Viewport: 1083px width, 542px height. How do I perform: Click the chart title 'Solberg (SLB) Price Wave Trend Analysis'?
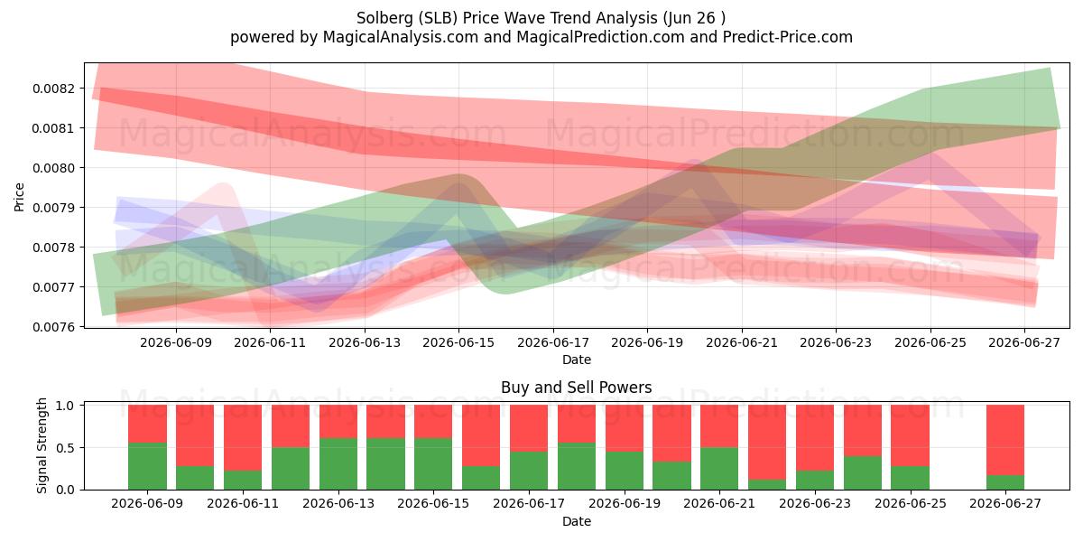[506, 18]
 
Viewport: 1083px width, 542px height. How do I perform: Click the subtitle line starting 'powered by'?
[541, 37]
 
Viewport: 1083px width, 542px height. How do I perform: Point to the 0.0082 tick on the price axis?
[54, 89]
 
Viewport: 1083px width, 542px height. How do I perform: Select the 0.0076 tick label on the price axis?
[54, 327]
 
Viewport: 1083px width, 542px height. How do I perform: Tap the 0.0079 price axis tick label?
[54, 208]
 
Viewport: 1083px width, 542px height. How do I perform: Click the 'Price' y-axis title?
[19, 197]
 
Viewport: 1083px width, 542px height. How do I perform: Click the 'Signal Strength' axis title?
[42, 445]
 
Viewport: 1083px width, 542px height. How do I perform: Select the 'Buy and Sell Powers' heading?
[577, 388]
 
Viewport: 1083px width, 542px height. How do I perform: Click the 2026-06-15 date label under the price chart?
[458, 343]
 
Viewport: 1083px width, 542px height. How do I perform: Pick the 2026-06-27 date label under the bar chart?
[1005, 504]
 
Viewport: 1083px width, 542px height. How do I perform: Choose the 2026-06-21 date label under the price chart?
[742, 343]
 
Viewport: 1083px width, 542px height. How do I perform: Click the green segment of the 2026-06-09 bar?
[147, 466]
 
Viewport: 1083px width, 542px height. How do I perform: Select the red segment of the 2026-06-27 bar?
[1005, 440]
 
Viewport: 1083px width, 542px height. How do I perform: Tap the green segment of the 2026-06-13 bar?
[338, 464]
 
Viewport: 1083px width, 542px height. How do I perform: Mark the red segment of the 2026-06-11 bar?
[243, 438]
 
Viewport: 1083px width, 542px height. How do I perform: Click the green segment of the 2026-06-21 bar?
[719, 469]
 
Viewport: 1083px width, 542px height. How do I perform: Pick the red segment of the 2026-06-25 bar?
[911, 435]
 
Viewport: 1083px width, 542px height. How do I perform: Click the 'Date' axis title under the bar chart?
[577, 522]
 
